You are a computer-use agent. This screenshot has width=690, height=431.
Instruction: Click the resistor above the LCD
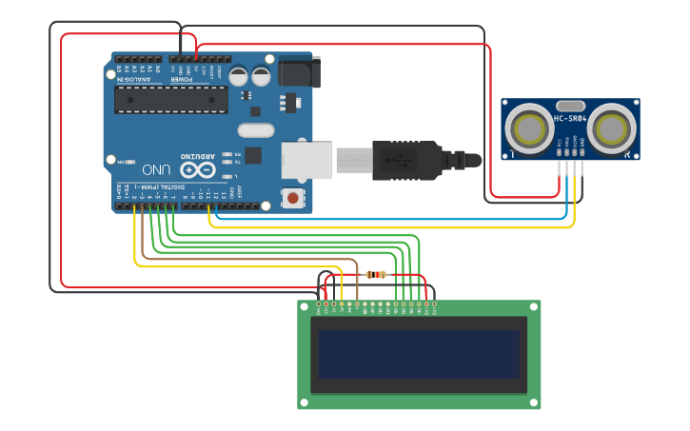376,275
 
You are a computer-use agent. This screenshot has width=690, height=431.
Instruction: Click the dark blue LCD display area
419,355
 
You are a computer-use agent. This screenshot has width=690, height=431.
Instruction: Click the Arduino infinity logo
198,170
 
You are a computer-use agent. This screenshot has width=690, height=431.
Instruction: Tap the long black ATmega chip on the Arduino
171,99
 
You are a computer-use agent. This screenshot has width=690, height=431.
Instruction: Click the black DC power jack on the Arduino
300,73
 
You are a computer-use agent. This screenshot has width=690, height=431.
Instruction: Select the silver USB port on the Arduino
307,159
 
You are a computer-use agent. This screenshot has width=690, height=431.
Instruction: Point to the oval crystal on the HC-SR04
569,106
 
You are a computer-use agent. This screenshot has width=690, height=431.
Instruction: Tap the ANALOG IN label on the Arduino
135,78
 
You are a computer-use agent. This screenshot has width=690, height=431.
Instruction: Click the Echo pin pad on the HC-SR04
574,151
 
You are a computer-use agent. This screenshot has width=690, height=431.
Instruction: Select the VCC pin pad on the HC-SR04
559,151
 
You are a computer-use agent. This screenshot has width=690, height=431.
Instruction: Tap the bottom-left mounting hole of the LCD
304,402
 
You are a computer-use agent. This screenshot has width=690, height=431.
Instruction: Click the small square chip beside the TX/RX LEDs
253,155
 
